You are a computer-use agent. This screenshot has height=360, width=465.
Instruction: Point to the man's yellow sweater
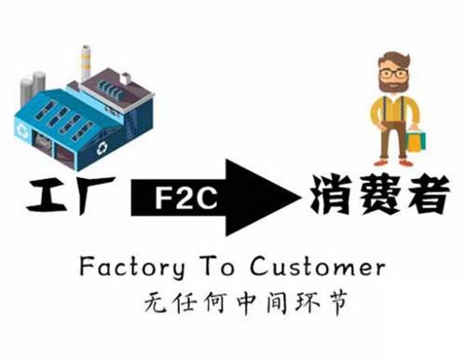coord(391,117)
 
